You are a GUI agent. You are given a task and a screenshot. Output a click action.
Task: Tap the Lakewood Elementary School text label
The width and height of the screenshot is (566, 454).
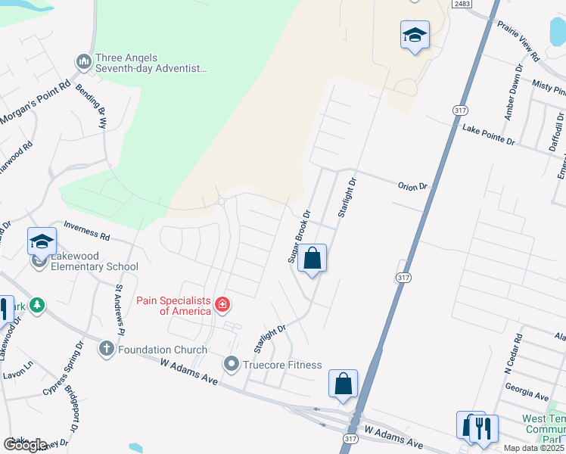tap(95, 266)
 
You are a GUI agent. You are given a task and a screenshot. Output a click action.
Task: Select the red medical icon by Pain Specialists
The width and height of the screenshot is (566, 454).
tap(222, 305)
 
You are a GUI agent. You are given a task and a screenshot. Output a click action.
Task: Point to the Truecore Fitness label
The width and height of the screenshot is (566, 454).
tap(282, 365)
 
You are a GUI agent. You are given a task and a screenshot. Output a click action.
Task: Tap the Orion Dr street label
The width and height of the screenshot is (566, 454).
tap(413, 186)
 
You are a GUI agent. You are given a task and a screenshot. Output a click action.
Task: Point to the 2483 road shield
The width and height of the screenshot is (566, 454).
tap(463, 5)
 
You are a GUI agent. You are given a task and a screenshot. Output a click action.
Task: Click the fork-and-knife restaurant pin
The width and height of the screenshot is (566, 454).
tap(484, 428)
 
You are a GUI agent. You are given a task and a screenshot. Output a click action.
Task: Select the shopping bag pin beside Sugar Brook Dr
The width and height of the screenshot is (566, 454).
tap(312, 259)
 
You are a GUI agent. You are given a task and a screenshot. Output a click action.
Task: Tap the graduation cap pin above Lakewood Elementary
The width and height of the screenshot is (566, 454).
tap(42, 241)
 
